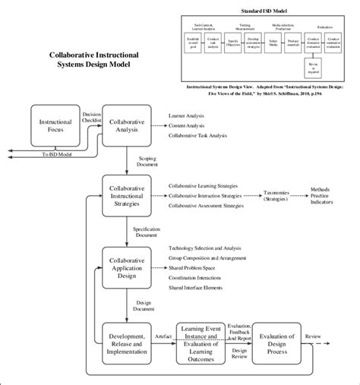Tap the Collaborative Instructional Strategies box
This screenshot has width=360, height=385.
tap(128, 194)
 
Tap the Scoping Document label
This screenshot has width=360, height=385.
tap(148, 161)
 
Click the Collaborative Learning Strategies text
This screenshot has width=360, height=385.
tap(210, 185)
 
